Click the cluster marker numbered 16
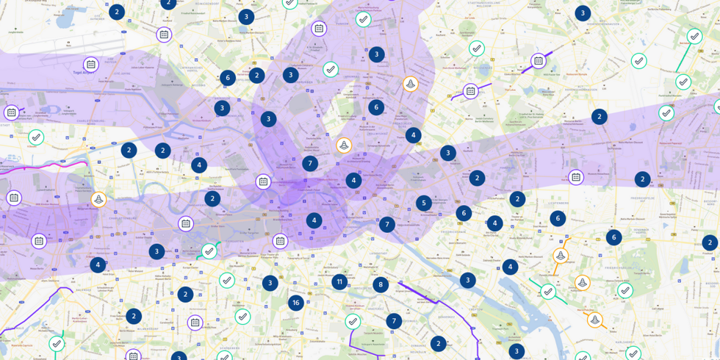click(x=295, y=303)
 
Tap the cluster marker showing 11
click(x=339, y=281)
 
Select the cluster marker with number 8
click(x=381, y=285)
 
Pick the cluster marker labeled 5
click(x=424, y=203)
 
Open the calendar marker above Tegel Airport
click(x=90, y=65)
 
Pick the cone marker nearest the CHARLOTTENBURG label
click(x=98, y=199)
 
